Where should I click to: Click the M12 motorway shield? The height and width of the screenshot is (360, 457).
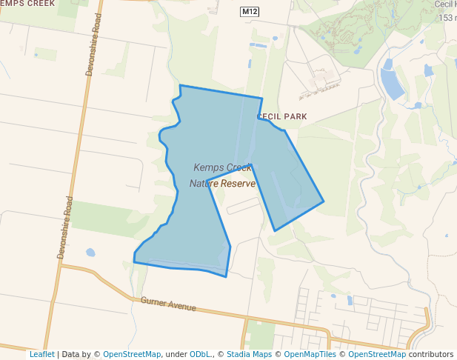(249, 13)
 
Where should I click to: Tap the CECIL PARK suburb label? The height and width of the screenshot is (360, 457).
(281, 117)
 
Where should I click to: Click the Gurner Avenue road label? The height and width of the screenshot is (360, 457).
(168, 304)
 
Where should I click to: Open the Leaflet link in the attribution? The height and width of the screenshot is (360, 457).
(41, 354)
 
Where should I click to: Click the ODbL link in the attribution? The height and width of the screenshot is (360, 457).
(201, 354)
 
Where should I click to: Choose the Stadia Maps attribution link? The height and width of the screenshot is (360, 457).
(249, 354)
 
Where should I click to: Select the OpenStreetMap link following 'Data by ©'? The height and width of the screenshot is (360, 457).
(132, 354)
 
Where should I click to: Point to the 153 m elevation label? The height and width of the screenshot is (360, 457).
(447, 18)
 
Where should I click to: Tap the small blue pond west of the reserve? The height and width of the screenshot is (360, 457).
(90, 252)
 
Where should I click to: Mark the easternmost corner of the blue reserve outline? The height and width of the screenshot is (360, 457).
(324, 201)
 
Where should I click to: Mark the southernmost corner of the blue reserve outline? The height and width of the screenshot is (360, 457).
(225, 276)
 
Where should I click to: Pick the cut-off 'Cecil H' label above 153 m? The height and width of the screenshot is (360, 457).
(444, 4)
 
